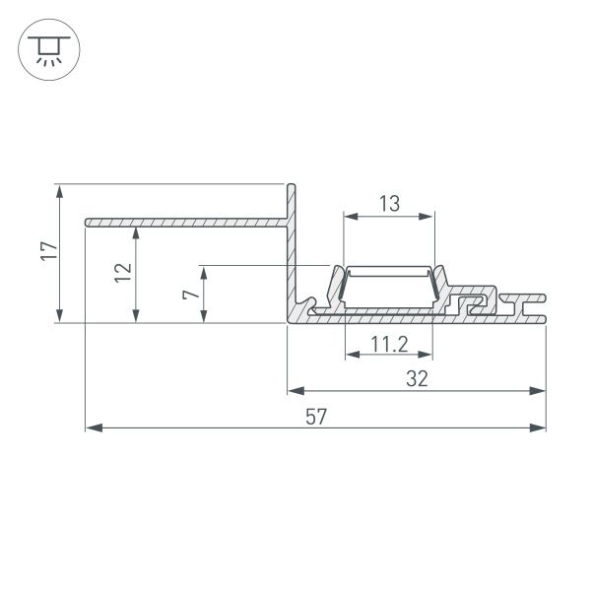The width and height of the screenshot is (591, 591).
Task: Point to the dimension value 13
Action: pos(389,204)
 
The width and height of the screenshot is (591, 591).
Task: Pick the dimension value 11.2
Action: pos(389,344)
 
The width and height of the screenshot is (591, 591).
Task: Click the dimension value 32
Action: pos(417,379)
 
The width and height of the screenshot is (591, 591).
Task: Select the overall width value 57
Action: pos(316,417)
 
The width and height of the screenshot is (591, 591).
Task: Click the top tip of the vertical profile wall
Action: pos(292,185)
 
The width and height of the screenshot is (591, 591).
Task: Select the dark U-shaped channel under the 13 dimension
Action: pos(388,287)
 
